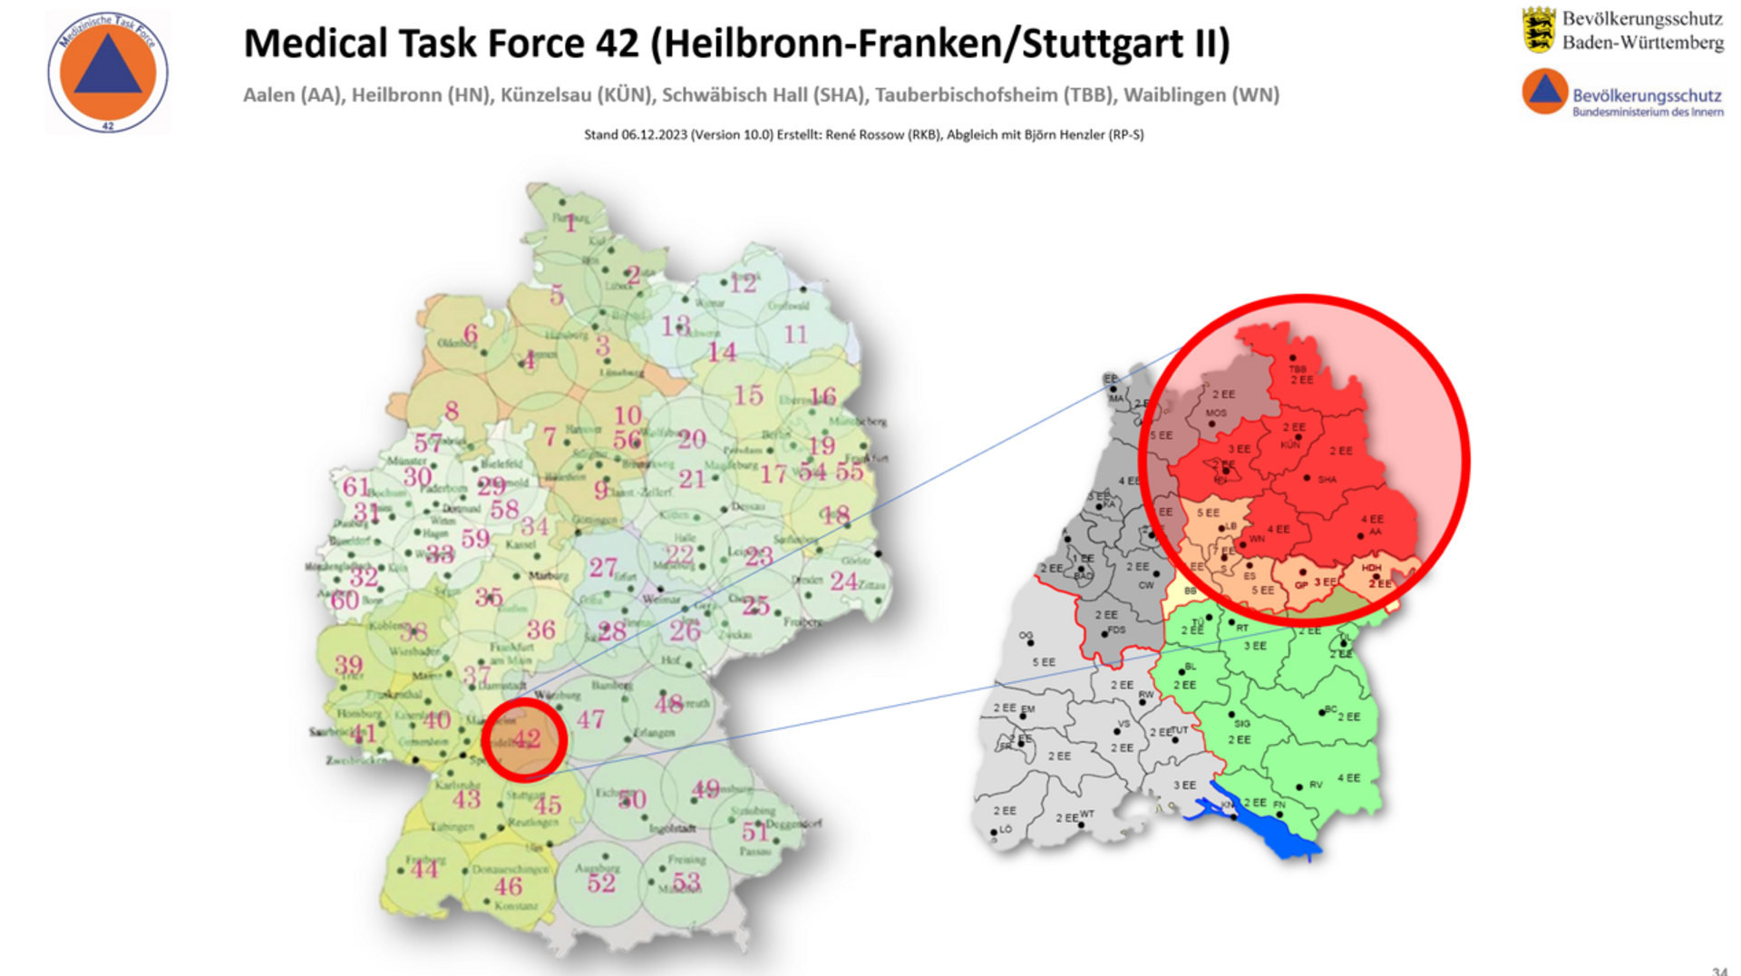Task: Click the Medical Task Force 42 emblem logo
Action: tap(107, 73)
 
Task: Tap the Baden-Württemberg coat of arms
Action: tap(1538, 29)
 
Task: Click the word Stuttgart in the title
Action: tap(1103, 44)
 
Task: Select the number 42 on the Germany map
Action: tap(526, 738)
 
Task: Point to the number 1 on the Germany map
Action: tap(570, 224)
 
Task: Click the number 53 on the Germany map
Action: tap(686, 882)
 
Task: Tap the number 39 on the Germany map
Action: tap(348, 665)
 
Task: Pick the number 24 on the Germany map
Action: tap(843, 581)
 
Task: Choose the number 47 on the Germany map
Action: tap(590, 720)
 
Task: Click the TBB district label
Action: tap(1298, 369)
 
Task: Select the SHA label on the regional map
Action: tap(1327, 480)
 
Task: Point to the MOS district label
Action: tap(1216, 414)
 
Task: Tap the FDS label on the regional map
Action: tap(1116, 630)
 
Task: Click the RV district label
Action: tap(1316, 785)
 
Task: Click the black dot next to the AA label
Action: tap(1360, 536)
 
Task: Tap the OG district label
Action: tap(1025, 635)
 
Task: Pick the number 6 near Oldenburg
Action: tap(470, 334)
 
